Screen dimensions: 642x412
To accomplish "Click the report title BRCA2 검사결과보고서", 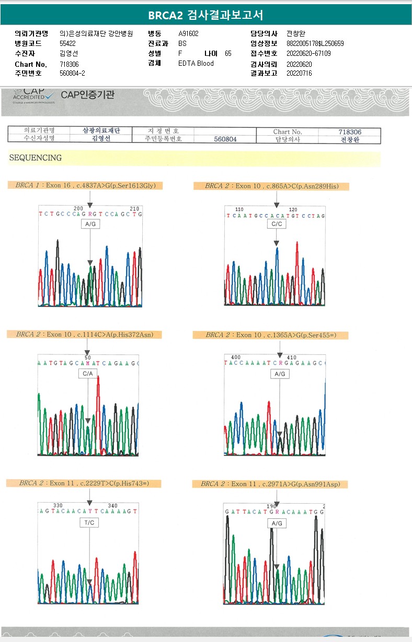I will point(205,15).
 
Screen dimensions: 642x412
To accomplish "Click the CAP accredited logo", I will point(34,95).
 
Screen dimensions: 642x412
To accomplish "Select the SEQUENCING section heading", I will point(35,158).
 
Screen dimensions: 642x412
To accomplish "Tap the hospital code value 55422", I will point(68,43).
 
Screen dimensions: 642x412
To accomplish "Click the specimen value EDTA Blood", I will point(196,64).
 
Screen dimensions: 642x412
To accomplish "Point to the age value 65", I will point(228,53).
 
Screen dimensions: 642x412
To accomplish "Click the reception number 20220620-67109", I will point(308,53).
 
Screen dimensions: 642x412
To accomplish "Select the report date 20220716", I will point(299,73).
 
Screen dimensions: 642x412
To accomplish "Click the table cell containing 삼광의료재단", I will point(101,131).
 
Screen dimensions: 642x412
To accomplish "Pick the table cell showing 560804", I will point(225,139).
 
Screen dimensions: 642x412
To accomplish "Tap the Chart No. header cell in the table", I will point(287,132).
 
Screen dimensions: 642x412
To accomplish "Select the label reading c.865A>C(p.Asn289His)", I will point(270,186).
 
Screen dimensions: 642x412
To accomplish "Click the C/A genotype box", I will point(88,374).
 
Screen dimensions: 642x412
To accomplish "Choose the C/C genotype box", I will point(276,224).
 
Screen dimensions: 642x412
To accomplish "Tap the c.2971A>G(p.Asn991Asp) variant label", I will point(270,484).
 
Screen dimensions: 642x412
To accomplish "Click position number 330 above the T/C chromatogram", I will point(58,505).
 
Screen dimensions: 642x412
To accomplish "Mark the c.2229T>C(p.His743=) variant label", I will point(84,483).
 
